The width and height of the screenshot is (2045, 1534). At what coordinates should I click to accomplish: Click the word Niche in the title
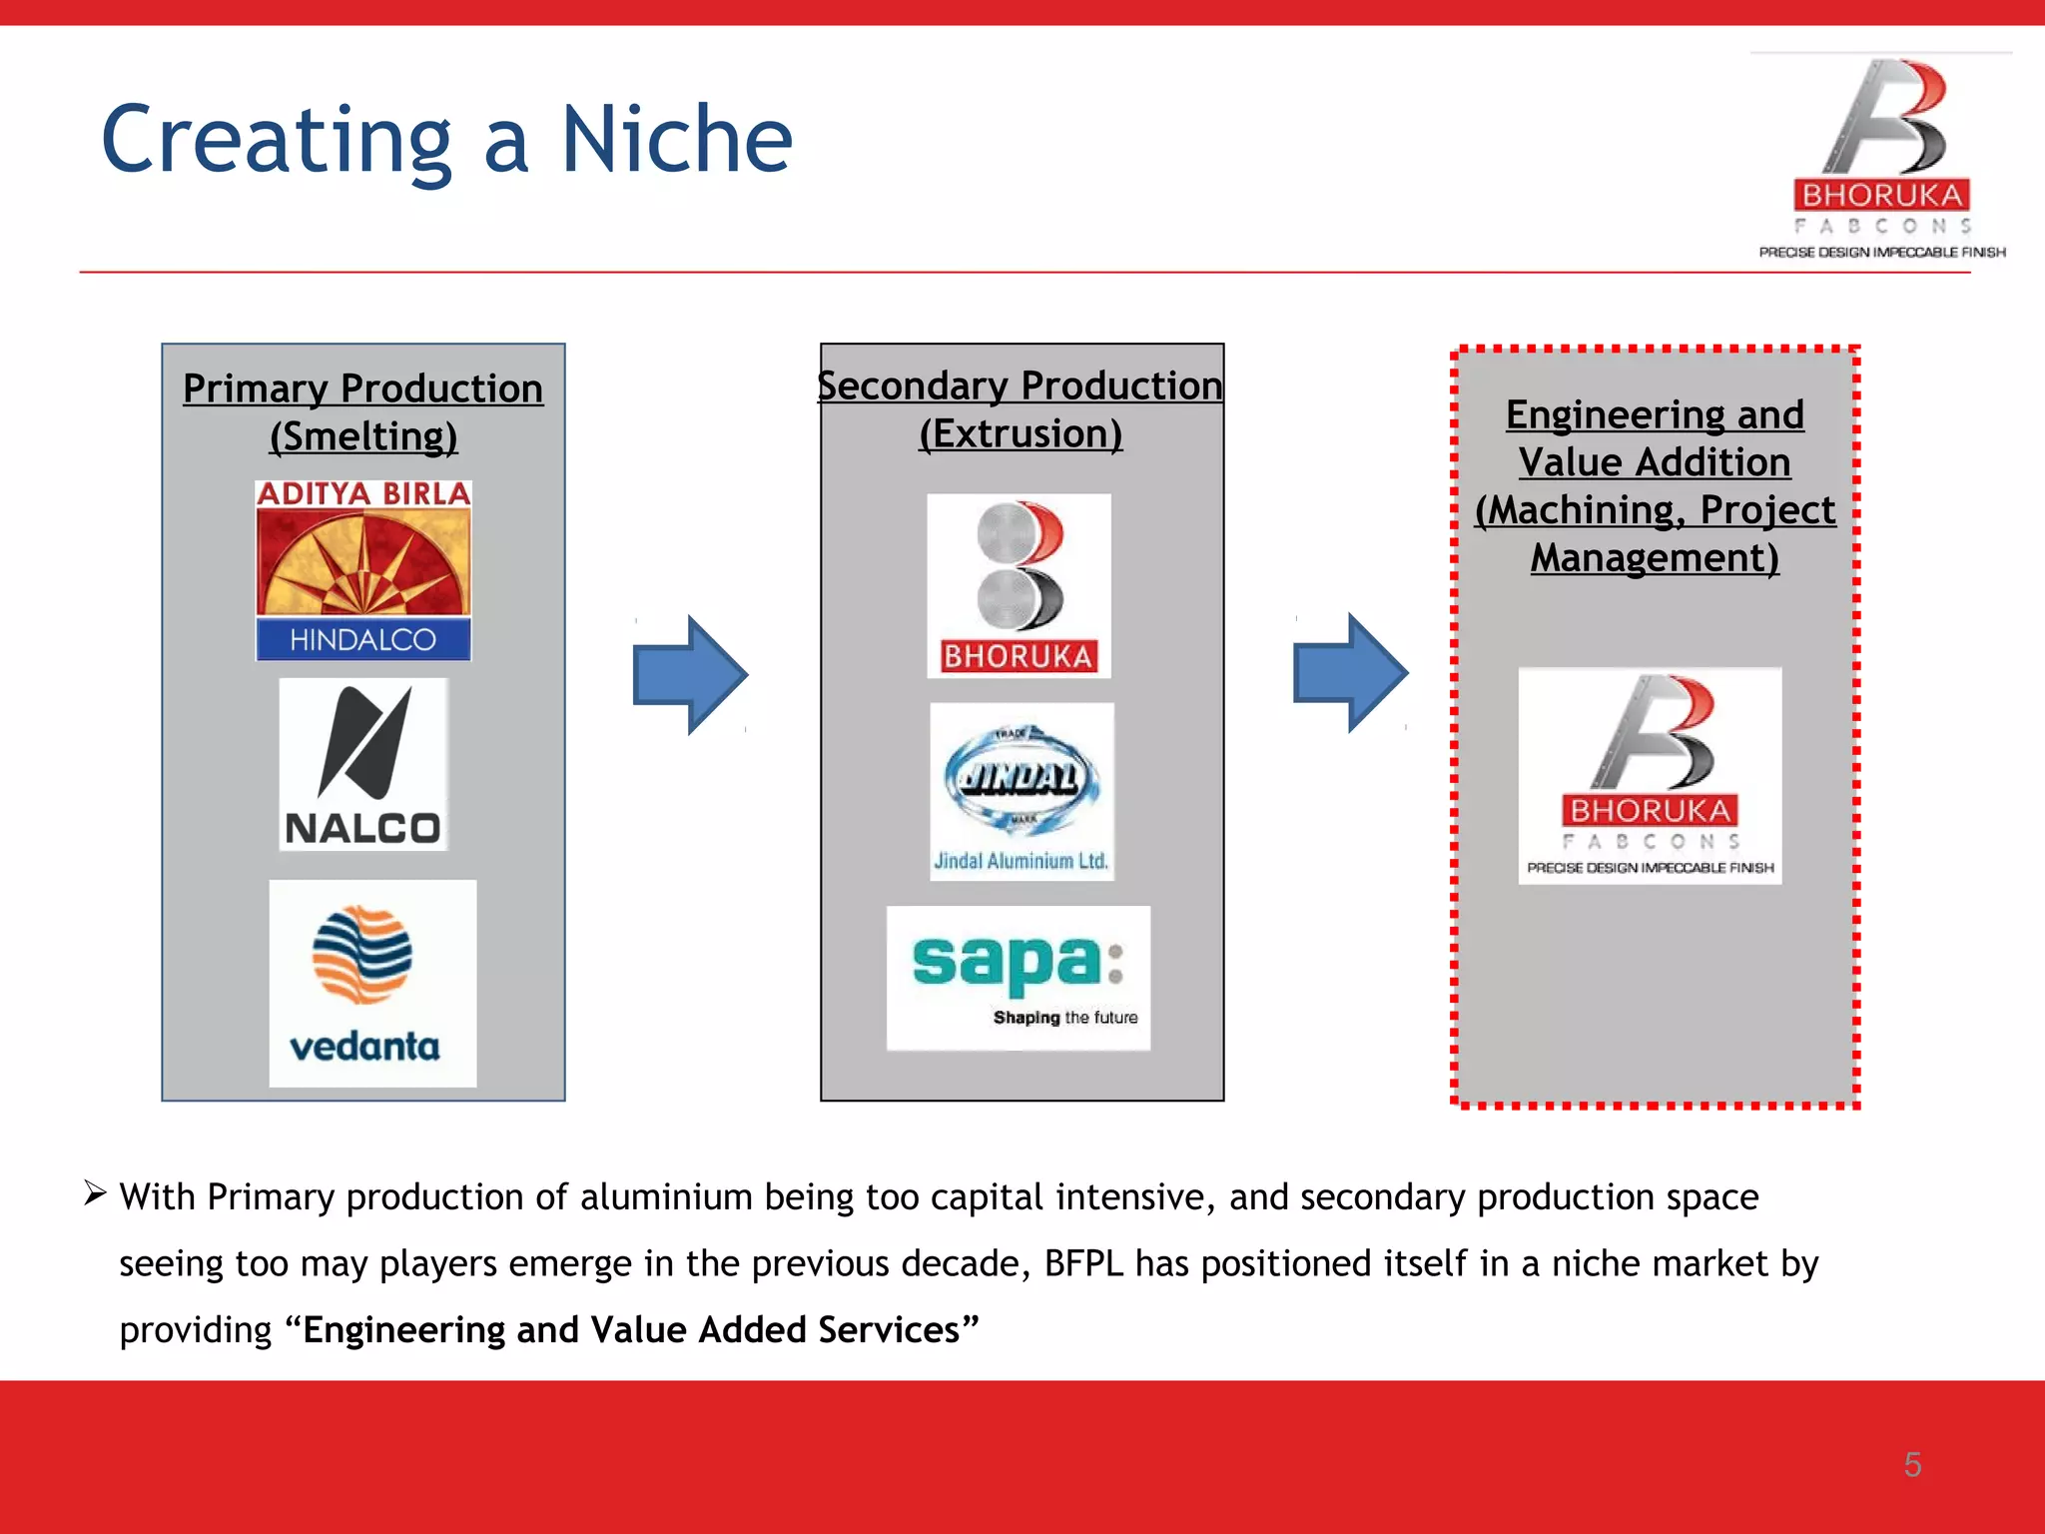point(676,140)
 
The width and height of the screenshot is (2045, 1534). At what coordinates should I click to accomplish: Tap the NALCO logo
point(363,765)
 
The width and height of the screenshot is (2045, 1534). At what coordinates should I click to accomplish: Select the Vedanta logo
point(372,983)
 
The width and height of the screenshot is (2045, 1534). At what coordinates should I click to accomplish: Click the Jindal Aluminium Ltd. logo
point(1022,791)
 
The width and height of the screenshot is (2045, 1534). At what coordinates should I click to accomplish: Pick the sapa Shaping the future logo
point(1019,978)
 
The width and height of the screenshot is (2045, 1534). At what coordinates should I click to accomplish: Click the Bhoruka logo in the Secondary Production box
point(1019,586)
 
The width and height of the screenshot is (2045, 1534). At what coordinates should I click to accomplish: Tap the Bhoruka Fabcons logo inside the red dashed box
point(1650,775)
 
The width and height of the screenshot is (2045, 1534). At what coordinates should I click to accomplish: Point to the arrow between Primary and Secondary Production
point(690,675)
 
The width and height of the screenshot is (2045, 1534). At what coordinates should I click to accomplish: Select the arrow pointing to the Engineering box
point(1350,673)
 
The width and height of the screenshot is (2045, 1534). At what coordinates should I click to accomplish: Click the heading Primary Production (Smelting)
point(363,411)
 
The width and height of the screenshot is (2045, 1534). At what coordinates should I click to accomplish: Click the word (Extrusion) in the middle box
point(1021,433)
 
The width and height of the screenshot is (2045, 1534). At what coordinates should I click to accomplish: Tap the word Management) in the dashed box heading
point(1655,557)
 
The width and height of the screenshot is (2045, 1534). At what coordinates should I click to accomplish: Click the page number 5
point(1912,1464)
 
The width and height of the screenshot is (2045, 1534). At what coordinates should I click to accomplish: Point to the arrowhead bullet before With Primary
point(95,1192)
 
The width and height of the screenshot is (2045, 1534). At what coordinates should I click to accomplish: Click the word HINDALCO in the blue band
point(363,639)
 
